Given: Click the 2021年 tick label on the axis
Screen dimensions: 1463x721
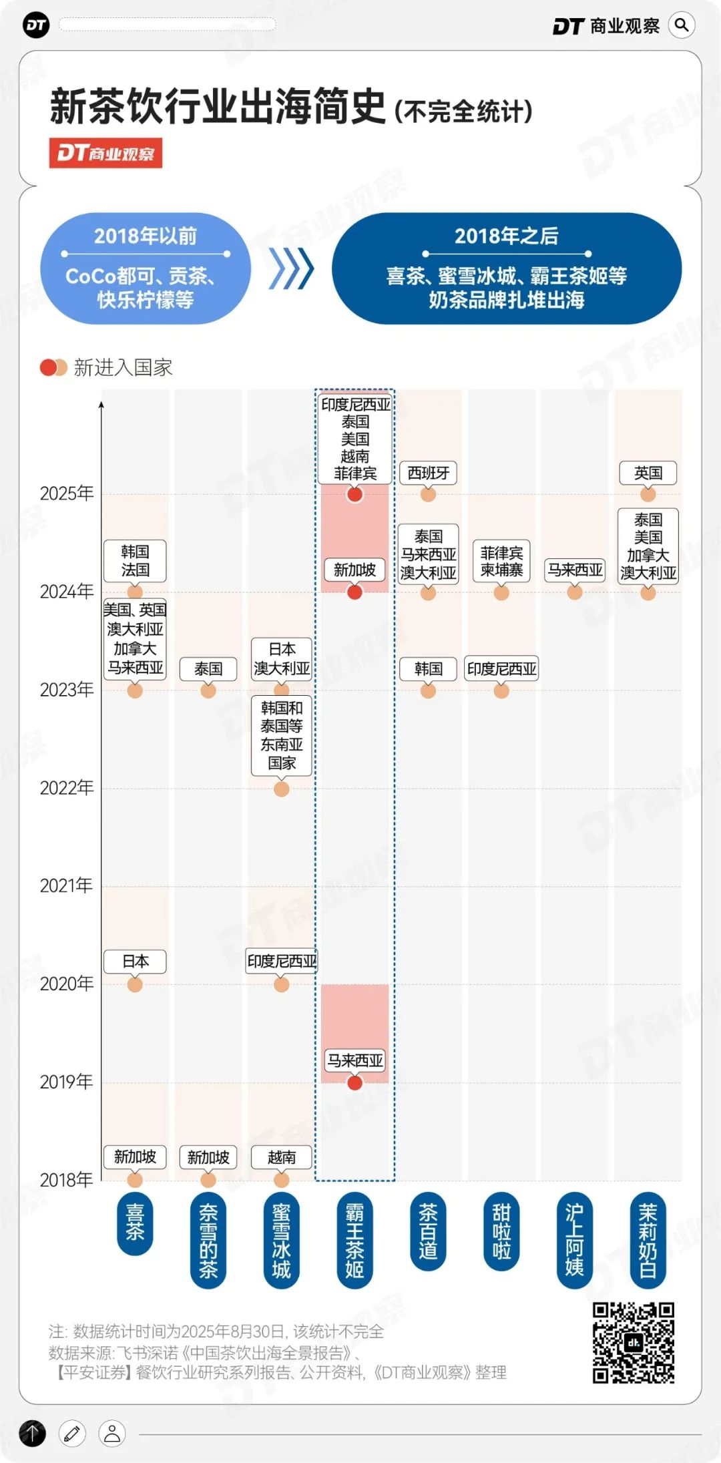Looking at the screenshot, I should coord(66,885).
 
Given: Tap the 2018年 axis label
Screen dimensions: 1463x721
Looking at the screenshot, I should coord(66,1180).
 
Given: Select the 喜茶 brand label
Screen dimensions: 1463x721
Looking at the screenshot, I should coord(135,1222).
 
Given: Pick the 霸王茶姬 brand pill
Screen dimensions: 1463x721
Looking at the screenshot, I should coord(354,1240).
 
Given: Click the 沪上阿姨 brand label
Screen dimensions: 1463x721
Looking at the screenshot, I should coord(574,1240).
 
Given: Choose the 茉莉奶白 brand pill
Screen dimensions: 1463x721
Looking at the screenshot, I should coord(648,1240).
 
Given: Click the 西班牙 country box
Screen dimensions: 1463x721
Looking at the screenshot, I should coord(428,473).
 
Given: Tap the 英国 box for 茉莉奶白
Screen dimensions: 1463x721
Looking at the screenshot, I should coord(648,473).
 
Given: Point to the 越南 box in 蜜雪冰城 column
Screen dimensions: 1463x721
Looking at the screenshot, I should coord(281,1157).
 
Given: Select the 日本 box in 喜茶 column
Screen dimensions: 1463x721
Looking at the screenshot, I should coord(135,962).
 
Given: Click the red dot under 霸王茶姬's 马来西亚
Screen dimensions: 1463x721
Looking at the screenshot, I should coord(354,1083).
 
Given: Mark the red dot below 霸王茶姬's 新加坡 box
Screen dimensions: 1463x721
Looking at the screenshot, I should coord(354,592).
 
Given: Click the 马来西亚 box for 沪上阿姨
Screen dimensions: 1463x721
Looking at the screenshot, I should coord(574,570).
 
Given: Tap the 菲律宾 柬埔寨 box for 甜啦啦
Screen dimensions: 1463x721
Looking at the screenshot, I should coord(501,562).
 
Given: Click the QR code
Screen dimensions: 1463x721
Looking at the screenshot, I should coord(633,1343).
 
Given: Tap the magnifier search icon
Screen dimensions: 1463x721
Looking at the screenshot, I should coord(681,25).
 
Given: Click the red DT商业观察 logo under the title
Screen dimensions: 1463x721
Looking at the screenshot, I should coord(105,154).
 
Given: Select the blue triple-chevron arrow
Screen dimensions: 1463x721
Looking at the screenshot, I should coord(291,269).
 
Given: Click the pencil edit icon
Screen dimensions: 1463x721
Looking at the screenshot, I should coord(72,1433).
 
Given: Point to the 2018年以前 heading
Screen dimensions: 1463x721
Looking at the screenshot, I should coord(145,236).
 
